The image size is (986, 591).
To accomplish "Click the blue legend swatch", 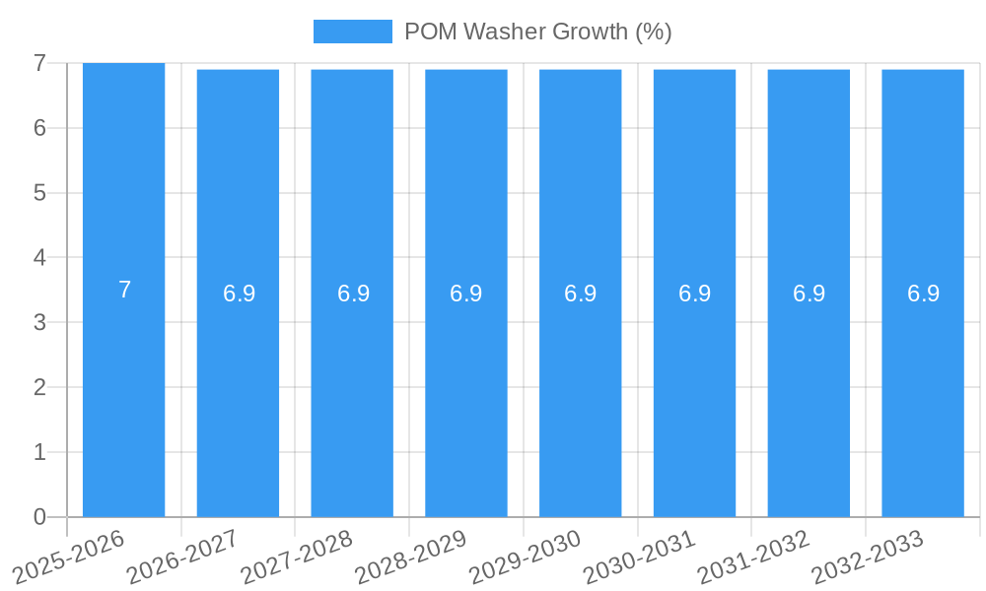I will tap(352, 32).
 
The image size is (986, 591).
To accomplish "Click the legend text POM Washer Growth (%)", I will tap(537, 32).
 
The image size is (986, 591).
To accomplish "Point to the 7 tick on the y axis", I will tap(39, 63).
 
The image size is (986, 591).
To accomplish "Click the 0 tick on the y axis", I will tap(39, 517).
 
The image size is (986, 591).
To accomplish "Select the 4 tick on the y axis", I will tap(39, 258).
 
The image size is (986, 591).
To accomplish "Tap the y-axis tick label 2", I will tap(39, 387).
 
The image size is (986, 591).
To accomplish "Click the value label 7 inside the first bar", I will tap(124, 291).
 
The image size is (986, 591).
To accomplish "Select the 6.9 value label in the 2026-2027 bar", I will tap(239, 294).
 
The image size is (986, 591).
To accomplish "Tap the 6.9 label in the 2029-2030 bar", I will tap(580, 294).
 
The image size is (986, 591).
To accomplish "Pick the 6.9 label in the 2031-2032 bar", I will tap(809, 294).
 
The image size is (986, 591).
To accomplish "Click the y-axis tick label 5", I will tap(39, 193).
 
